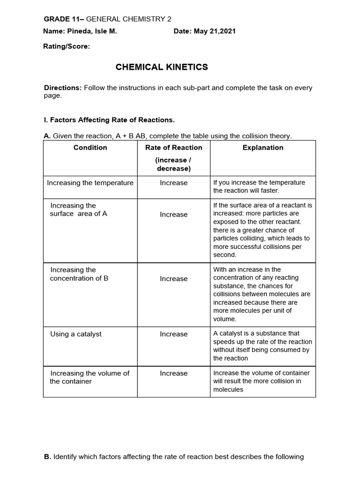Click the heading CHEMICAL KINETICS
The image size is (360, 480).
click(162, 67)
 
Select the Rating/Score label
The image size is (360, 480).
click(66, 47)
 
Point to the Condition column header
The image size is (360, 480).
click(90, 148)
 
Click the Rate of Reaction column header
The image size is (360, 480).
click(173, 148)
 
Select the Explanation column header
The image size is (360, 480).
click(262, 148)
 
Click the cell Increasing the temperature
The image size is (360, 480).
click(90, 183)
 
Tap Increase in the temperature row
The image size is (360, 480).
click(173, 183)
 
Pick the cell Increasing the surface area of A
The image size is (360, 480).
click(78, 210)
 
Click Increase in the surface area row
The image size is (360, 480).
click(173, 215)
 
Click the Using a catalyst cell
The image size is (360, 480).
click(75, 334)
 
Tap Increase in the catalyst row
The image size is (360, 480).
click(173, 334)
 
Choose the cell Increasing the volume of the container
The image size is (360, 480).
click(89, 377)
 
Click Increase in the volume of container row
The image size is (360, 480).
click(173, 374)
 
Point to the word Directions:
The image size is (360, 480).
click(63, 88)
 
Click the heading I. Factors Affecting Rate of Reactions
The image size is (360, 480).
click(109, 120)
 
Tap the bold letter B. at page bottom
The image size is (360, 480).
click(47, 457)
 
